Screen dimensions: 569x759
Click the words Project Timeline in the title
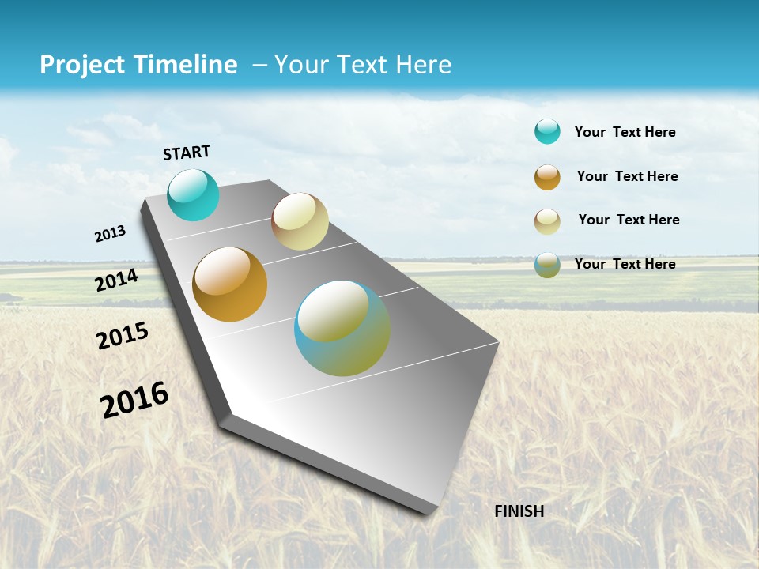pos(138,65)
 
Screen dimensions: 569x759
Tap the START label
pos(187,153)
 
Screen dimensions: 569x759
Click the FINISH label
pos(519,511)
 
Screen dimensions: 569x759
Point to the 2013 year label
pos(111,234)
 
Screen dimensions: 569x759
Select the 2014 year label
pos(117,280)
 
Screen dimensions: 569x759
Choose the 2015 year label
pos(123,335)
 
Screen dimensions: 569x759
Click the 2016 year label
pos(134,399)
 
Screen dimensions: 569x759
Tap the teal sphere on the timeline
pos(194,194)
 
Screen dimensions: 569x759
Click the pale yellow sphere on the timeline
pos(300,221)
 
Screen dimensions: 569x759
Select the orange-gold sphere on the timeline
pos(230,284)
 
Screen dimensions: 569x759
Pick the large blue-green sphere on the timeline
pos(342,328)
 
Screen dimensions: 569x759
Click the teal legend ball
pos(547,131)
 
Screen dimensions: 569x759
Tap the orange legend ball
pos(547,177)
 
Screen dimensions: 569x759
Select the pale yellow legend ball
pos(547,221)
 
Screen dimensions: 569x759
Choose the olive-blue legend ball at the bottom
pos(547,265)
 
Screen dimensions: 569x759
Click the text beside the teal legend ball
pos(625,132)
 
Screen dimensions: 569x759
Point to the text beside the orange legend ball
pos(627,176)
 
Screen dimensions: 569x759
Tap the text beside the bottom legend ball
pos(625,264)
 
